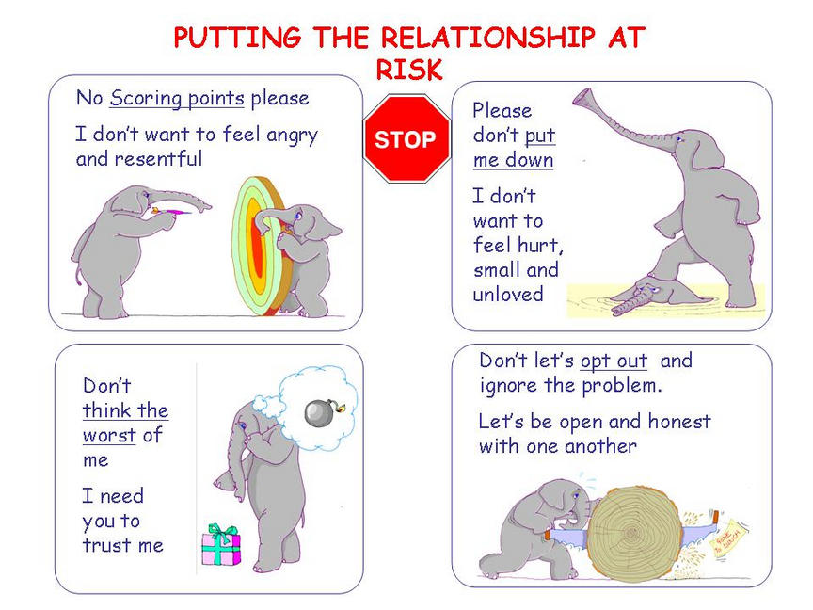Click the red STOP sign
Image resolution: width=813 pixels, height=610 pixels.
pyautogui.click(x=406, y=138)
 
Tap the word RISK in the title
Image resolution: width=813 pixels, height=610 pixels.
pyautogui.click(x=409, y=70)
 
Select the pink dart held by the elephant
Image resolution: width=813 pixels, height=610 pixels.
pyautogui.click(x=170, y=211)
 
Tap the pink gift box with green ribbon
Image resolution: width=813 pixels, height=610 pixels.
pyautogui.click(x=221, y=545)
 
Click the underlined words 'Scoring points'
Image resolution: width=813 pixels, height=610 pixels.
pyautogui.click(x=177, y=99)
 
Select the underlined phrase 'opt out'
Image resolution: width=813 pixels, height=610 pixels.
pyautogui.click(x=614, y=361)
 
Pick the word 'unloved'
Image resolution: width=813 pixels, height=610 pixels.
pyautogui.click(x=508, y=295)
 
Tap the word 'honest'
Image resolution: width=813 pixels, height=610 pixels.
pyautogui.click(x=679, y=421)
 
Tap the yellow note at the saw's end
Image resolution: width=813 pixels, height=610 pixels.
pyautogui.click(x=729, y=538)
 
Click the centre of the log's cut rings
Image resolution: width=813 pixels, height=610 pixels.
pyautogui.click(x=632, y=533)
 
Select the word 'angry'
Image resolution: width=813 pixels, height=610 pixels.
pyautogui.click(x=292, y=136)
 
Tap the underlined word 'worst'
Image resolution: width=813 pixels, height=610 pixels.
pyautogui.click(x=109, y=435)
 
